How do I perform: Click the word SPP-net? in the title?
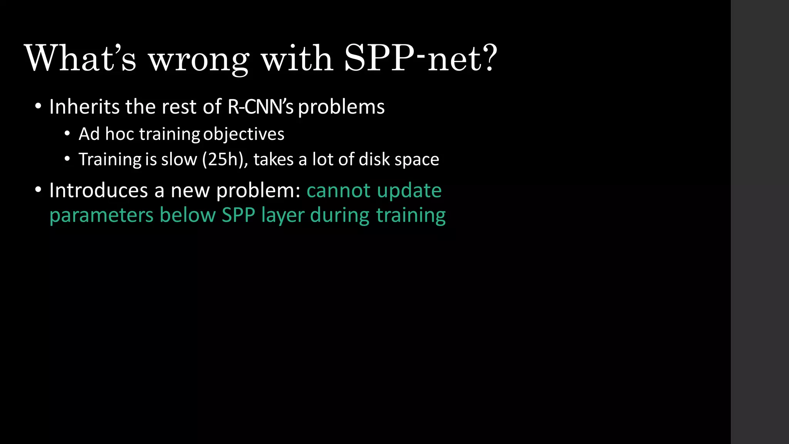[421, 59]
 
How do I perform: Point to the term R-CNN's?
[260, 107]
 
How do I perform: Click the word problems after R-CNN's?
[341, 108]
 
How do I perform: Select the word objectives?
[243, 134]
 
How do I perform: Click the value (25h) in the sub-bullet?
[225, 160]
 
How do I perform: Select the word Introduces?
[99, 190]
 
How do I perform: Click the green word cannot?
[339, 190]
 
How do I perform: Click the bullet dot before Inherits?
[38, 106]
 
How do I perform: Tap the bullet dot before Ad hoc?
[67, 134]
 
